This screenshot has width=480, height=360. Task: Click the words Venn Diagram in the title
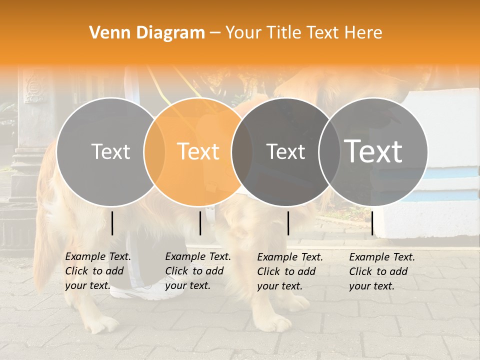pyautogui.click(x=147, y=33)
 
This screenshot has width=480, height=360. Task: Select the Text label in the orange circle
pyautogui.click(x=198, y=151)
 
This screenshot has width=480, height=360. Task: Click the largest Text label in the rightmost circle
pyautogui.click(x=373, y=151)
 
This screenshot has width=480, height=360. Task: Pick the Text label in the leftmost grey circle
pyautogui.click(x=110, y=151)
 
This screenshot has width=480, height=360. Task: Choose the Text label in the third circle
pyautogui.click(x=285, y=151)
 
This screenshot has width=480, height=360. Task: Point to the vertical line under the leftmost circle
pyautogui.click(x=112, y=223)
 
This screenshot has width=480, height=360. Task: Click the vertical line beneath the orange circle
pyautogui.click(x=200, y=223)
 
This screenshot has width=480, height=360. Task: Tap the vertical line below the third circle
pyautogui.click(x=288, y=223)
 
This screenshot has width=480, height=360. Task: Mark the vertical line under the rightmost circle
pyautogui.click(x=372, y=223)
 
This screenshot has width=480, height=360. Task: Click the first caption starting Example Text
pyautogui.click(x=98, y=271)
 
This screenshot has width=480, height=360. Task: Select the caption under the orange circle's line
pyautogui.click(x=198, y=271)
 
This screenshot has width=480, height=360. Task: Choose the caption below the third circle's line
pyautogui.click(x=290, y=271)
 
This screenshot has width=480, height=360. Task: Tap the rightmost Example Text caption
pyautogui.click(x=382, y=271)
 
